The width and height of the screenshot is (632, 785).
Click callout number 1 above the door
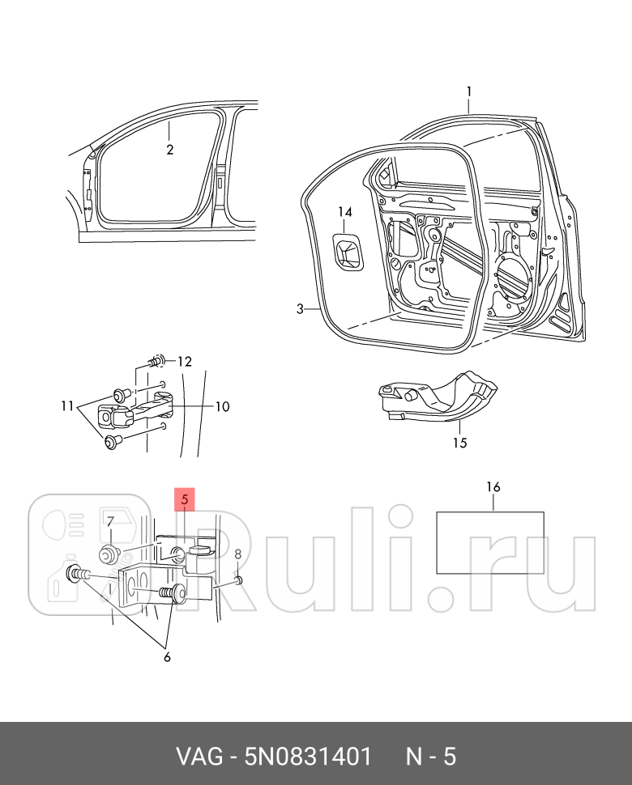click(468, 91)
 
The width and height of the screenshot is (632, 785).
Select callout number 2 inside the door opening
click(170, 150)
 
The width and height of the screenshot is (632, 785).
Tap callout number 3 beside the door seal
click(299, 309)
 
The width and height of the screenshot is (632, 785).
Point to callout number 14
click(345, 213)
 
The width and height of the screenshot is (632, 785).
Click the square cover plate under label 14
click(348, 250)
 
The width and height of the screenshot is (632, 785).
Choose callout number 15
click(460, 443)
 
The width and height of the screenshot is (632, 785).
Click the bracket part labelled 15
click(438, 397)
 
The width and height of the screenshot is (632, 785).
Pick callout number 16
click(493, 487)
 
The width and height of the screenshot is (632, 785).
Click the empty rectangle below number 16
click(490, 542)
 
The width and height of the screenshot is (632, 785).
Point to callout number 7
click(110, 520)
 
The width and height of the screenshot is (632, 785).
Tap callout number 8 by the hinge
click(238, 554)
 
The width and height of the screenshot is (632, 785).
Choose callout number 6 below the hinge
click(167, 657)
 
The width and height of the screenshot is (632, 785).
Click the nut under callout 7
click(108, 554)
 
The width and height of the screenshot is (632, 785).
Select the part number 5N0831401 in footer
click(308, 757)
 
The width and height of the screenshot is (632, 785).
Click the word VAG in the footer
click(199, 757)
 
